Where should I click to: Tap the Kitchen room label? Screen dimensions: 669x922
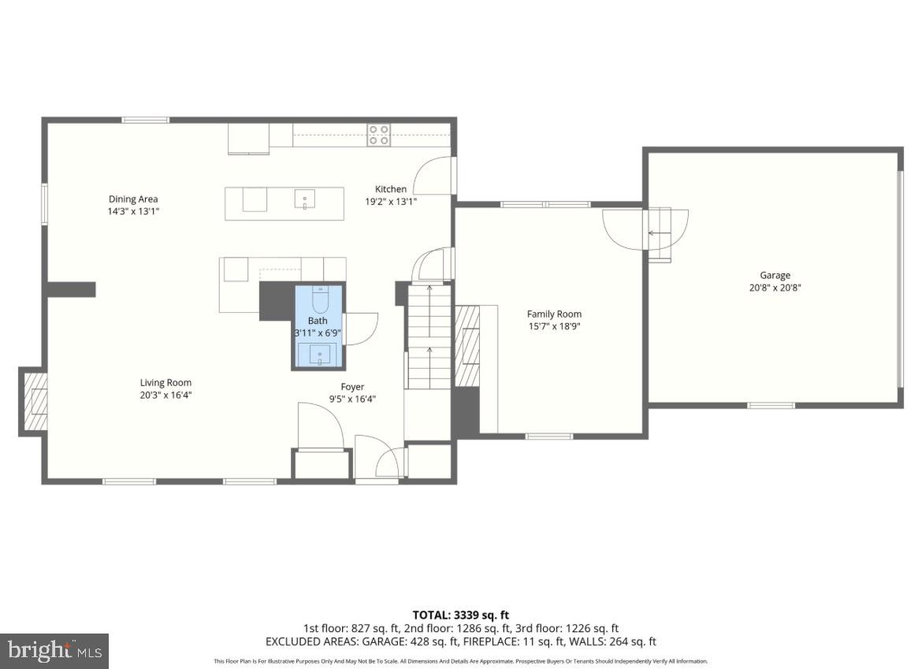click(x=391, y=189)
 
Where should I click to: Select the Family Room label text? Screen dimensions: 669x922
click(x=554, y=314)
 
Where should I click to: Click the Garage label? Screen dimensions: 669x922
click(x=775, y=276)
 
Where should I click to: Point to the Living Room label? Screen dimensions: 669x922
click(x=166, y=383)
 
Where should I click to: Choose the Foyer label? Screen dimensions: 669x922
click(x=352, y=387)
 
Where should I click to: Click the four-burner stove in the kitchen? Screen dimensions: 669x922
click(x=379, y=135)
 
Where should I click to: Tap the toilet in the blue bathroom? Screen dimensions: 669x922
click(x=319, y=300)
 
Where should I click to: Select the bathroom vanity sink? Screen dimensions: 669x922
click(x=319, y=355)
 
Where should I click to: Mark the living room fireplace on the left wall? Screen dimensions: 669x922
click(x=34, y=402)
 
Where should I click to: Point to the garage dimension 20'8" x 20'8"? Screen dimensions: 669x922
click(x=775, y=288)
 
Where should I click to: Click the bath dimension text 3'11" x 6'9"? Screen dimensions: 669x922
click(x=318, y=333)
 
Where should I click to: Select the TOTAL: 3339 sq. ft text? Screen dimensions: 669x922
click(x=461, y=615)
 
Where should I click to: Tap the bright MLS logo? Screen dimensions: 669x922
click(x=54, y=651)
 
